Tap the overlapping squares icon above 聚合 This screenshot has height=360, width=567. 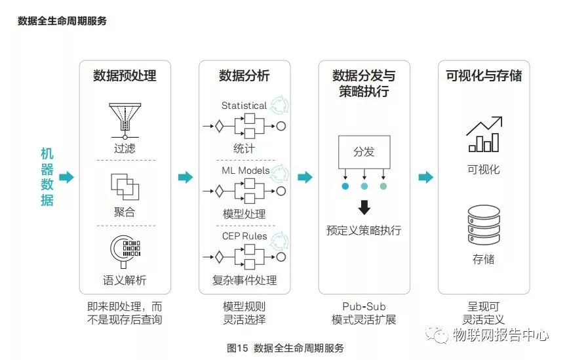click(x=125, y=186)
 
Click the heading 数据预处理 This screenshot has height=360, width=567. click(x=125, y=76)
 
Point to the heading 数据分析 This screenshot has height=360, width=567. click(x=244, y=76)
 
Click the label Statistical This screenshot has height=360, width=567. click(x=244, y=106)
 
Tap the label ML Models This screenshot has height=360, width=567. click(x=244, y=170)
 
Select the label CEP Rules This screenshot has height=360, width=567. click(x=244, y=235)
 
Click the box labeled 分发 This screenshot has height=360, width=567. click(x=364, y=152)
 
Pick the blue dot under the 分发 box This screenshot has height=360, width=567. click(x=345, y=186)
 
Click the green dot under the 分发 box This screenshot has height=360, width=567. click(x=383, y=186)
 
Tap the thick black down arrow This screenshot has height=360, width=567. click(x=364, y=208)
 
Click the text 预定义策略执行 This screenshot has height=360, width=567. click(x=364, y=230)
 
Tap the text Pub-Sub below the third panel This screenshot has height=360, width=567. click(x=364, y=306)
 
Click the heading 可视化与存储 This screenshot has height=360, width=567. click(x=484, y=76)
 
